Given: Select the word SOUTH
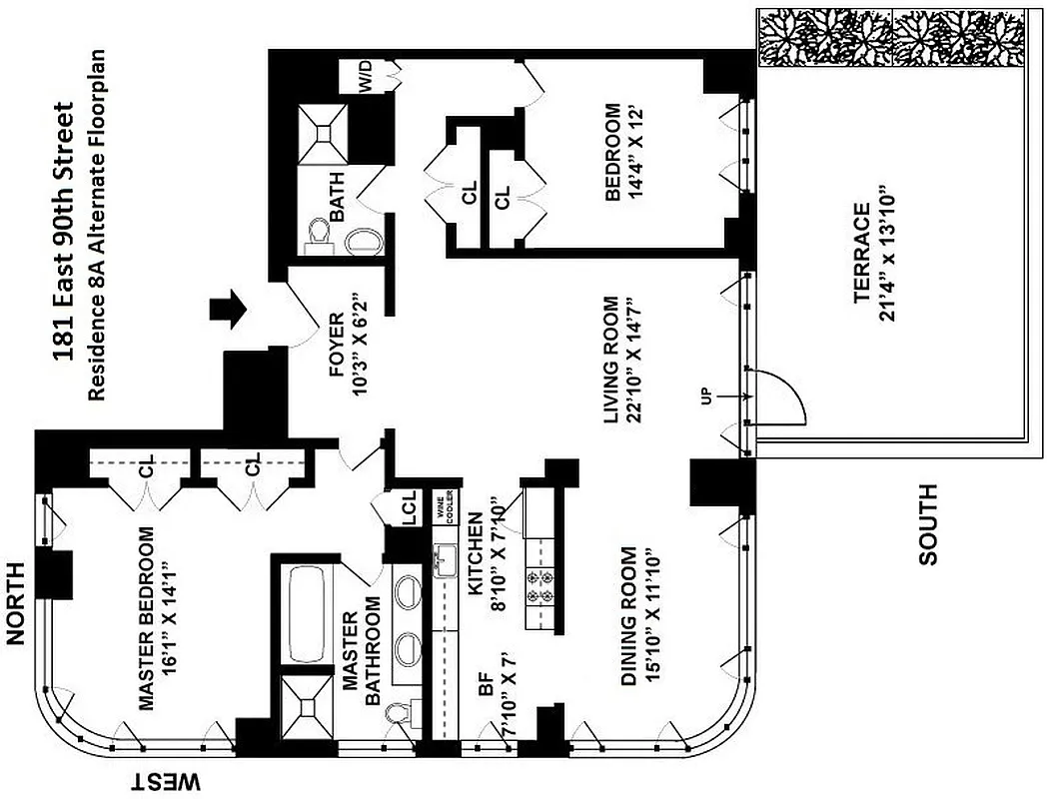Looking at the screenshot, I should [929, 525].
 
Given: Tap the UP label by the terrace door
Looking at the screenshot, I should [707, 397].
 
